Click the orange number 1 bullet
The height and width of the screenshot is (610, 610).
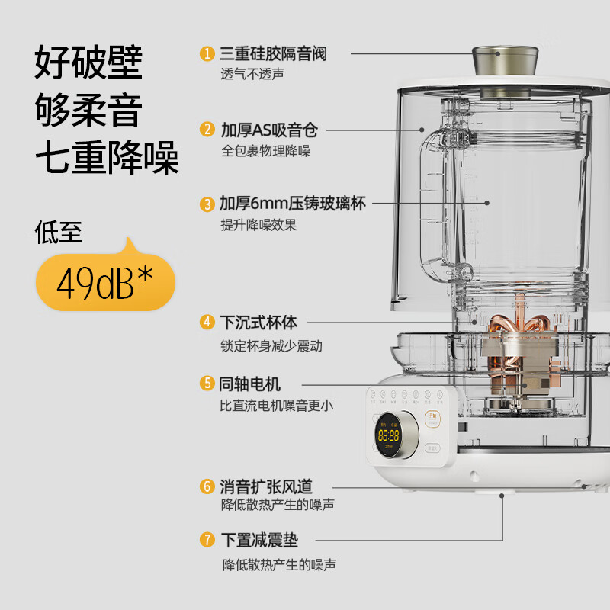pyautogui.click(x=207, y=53)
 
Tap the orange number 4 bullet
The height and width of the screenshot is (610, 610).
pyautogui.click(x=207, y=322)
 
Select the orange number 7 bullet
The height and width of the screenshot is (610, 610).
pyautogui.click(x=207, y=541)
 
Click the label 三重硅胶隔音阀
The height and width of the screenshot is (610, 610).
pyautogui.click(x=273, y=53)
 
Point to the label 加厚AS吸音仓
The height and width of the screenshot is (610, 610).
pyautogui.click(x=268, y=129)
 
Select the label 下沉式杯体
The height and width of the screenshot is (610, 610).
pyautogui.click(x=258, y=322)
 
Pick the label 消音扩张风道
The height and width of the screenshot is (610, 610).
pyautogui.click(x=266, y=486)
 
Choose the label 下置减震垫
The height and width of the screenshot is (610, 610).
pyautogui.click(x=259, y=541)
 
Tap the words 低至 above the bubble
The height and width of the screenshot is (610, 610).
pyautogui.click(x=59, y=232)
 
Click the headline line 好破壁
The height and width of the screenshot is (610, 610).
pyautogui.click(x=88, y=62)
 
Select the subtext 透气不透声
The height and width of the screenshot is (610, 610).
pyautogui.click(x=252, y=74)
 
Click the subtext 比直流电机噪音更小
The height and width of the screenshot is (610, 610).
pyautogui.click(x=276, y=406)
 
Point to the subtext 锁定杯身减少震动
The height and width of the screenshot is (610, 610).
pyautogui.click(x=271, y=345)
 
